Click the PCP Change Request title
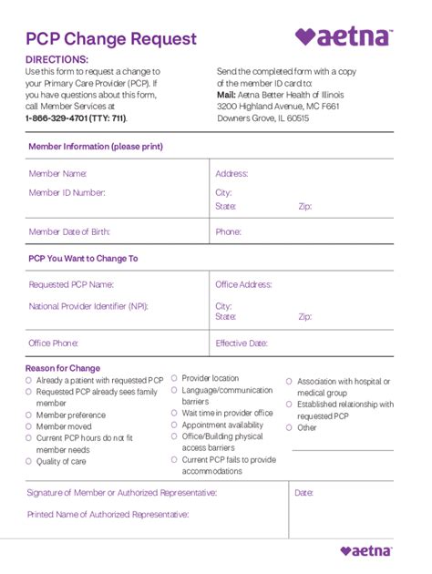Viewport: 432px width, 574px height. click(110, 38)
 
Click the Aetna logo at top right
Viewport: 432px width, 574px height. click(344, 36)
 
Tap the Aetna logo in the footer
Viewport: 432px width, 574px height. click(366, 550)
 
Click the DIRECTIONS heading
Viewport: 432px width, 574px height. click(57, 59)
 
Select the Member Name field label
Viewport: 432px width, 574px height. click(57, 173)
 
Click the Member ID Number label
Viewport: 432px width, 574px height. click(67, 192)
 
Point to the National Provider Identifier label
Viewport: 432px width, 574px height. click(87, 306)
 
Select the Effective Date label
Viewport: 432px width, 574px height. click(242, 343)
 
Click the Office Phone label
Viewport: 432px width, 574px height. click(52, 343)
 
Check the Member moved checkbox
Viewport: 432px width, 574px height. click(29, 426)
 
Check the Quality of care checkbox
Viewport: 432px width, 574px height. click(29, 462)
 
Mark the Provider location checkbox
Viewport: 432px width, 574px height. click(174, 378)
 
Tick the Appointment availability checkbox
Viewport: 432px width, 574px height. click(174, 425)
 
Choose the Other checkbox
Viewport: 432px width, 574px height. click(289, 427)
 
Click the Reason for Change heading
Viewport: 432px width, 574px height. click(63, 368)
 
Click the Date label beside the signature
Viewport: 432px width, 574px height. click(303, 493)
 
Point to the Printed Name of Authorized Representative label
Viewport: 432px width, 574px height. click(108, 515)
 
